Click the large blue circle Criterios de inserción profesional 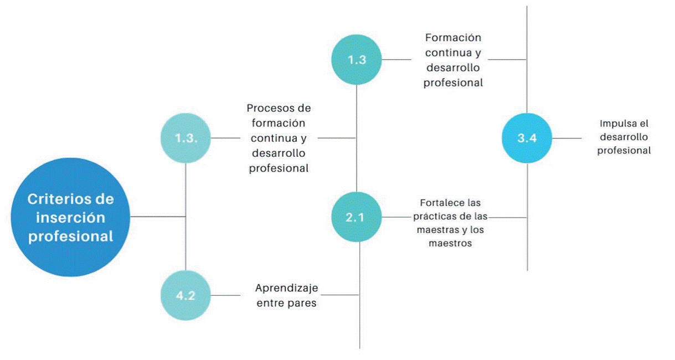click(70, 217)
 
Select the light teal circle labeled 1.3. click(186, 138)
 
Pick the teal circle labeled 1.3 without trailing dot click(357, 60)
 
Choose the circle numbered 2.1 click(357, 217)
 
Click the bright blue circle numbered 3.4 click(527, 138)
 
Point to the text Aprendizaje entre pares click(286, 295)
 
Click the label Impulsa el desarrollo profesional click(624, 137)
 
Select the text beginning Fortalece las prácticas click(450, 223)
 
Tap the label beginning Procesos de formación click(279, 138)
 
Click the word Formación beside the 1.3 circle click(453, 38)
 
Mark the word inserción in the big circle click(70, 218)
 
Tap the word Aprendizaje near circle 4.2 click(287, 288)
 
